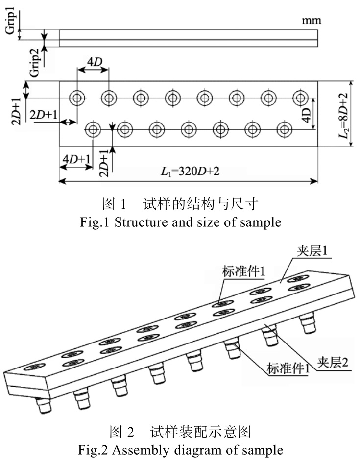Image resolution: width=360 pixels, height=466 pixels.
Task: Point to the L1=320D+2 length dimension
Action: [189, 172]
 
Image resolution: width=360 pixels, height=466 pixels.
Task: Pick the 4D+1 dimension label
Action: [76, 159]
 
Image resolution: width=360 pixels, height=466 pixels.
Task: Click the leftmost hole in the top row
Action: [77, 98]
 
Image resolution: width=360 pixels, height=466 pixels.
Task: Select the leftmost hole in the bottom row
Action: [93, 130]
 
